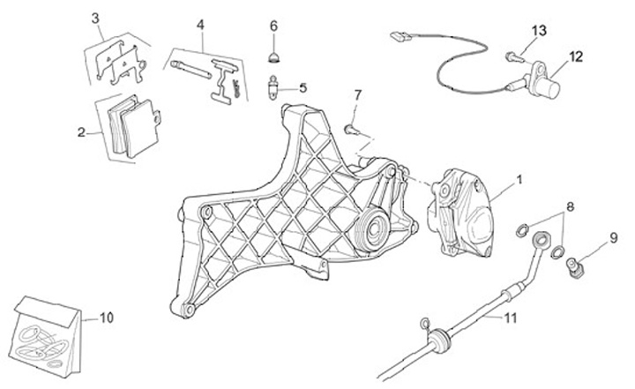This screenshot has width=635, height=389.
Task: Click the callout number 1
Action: point(519,180)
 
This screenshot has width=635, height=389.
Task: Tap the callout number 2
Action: point(82,133)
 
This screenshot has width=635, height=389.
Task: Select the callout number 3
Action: point(95,18)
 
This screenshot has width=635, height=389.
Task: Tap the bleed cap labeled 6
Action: point(273,57)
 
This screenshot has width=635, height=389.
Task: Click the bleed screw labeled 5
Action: point(274,88)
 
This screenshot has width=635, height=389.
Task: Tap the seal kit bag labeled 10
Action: point(49,331)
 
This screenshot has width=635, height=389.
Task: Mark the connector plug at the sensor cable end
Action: point(399,37)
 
